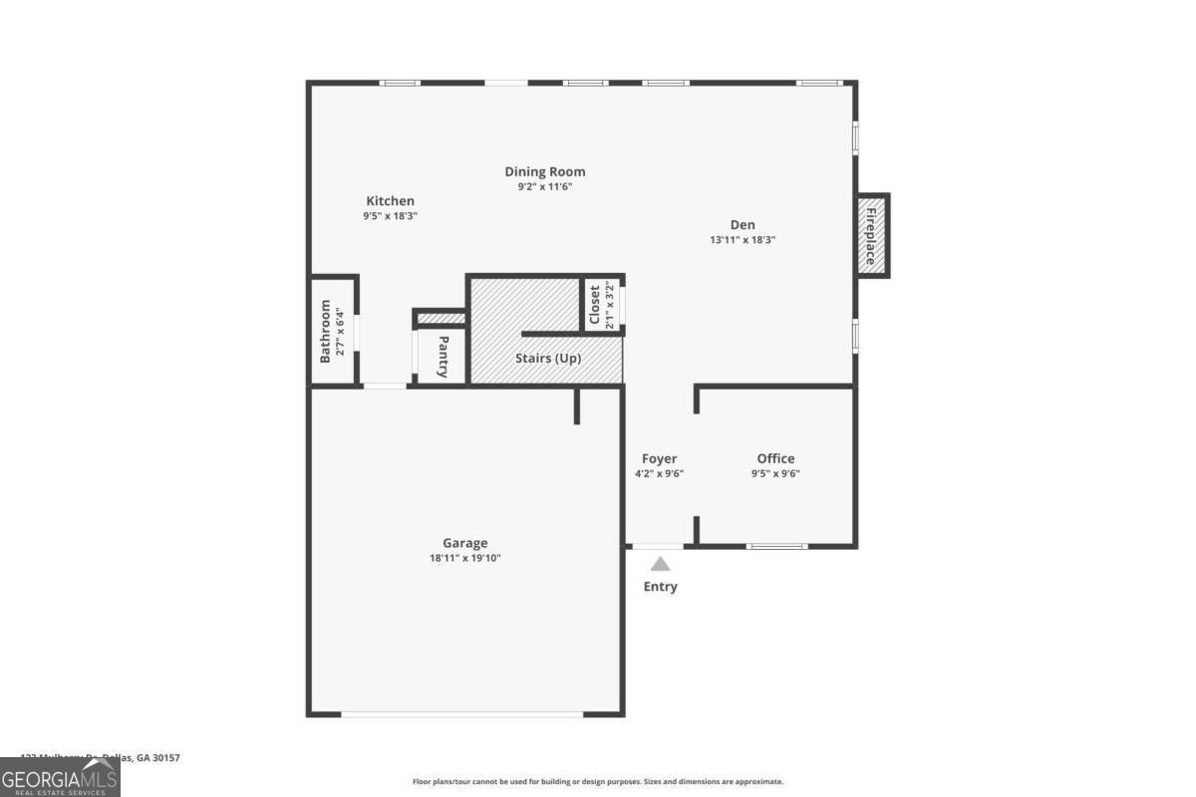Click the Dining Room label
click(544, 171)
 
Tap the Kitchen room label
click(390, 201)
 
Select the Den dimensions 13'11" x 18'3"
click(742, 240)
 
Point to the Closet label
click(595, 305)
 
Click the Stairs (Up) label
click(548, 359)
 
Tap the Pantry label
click(443, 357)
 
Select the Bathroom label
click(325, 332)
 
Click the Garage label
click(464, 543)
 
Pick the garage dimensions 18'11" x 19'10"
click(464, 559)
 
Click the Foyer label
click(659, 458)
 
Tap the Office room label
click(775, 458)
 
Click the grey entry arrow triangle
click(660, 564)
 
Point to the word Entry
click(660, 587)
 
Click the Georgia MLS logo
click(60, 777)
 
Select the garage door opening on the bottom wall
click(461, 713)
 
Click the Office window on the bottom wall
click(776, 545)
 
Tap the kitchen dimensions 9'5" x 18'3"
click(390, 216)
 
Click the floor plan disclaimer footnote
click(598, 782)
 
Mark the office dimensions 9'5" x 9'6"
click(775, 474)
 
